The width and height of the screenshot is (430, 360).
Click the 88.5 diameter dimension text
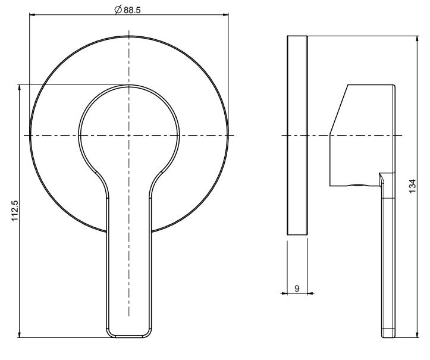132,10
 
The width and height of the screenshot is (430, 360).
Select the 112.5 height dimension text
15,211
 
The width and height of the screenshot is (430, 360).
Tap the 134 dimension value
412,186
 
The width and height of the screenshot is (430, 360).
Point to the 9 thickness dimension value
297,289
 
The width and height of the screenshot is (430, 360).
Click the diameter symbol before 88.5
118,10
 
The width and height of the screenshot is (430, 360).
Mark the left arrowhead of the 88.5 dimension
32,14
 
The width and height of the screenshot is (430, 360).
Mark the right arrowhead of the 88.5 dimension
225,14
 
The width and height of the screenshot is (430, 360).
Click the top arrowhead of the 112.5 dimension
19,88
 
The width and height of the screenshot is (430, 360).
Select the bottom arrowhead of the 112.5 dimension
19,334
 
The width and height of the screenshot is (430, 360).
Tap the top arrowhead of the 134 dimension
418,39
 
